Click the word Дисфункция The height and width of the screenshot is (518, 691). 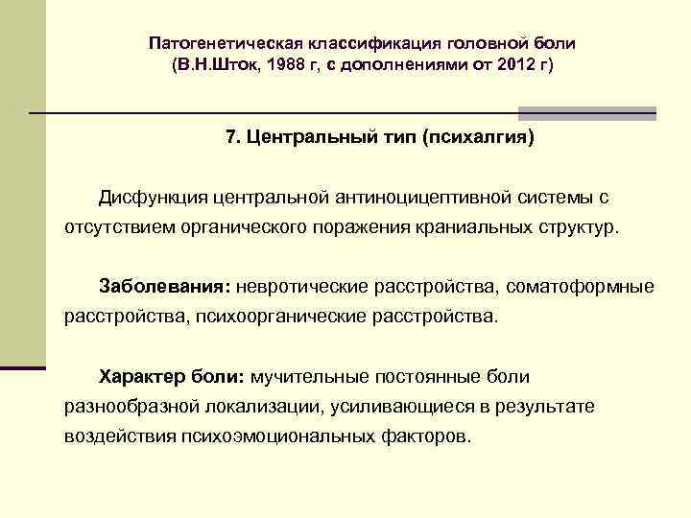click(x=153, y=197)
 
